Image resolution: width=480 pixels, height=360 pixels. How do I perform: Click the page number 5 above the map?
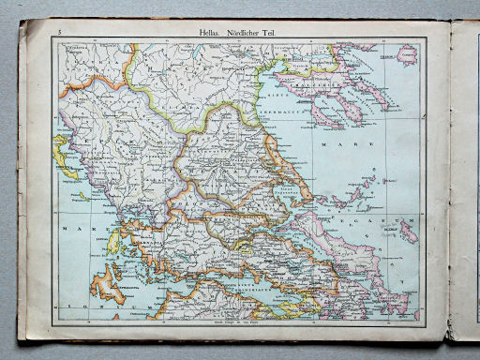click(60, 34)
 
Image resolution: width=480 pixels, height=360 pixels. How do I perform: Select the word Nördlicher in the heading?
click(247, 33)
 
